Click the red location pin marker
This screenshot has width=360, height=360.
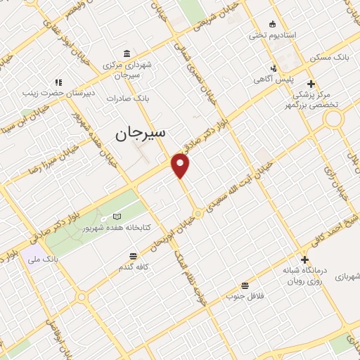(x=181, y=166)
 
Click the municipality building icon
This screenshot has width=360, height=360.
(x=126, y=54)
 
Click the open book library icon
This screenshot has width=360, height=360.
(x=117, y=215)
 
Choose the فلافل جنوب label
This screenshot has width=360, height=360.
(x=240, y=296)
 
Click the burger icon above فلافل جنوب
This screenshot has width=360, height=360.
(x=245, y=285)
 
